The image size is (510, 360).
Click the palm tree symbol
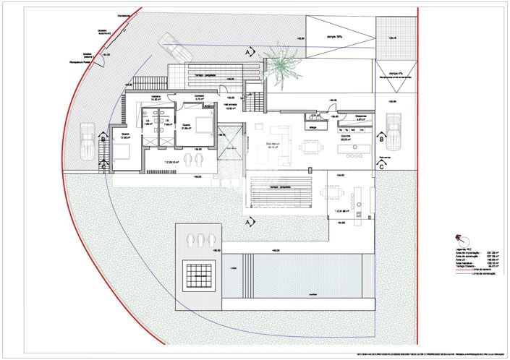pyautogui.click(x=280, y=61)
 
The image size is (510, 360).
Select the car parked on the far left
pyautogui.click(x=88, y=137)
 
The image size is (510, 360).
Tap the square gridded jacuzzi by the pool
pyautogui.click(x=197, y=274)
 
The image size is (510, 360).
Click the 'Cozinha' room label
pyautogui.click(x=346, y=139)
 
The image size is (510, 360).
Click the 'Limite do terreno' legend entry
pyautogui.click(x=483, y=269)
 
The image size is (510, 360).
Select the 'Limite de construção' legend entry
pyautogui.click(x=483, y=274)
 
